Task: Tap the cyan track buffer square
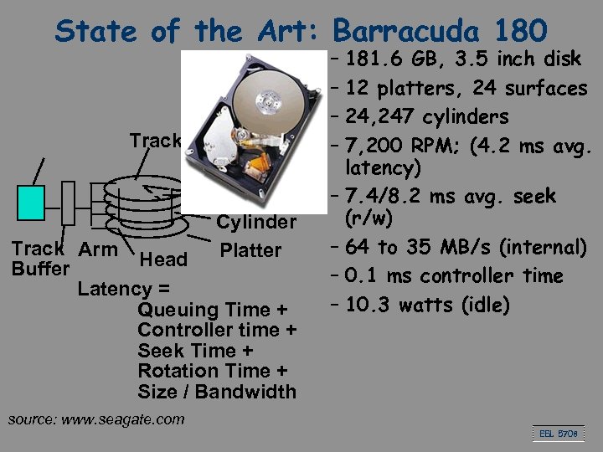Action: pyautogui.click(x=31, y=202)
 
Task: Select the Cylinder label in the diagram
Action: pyautogui.click(x=256, y=222)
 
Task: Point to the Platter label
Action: pyautogui.click(x=250, y=250)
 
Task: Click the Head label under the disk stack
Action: pyautogui.click(x=163, y=259)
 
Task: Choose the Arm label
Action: pyautogui.click(x=98, y=249)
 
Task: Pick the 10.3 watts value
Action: pyautogui.click(x=371, y=305)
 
